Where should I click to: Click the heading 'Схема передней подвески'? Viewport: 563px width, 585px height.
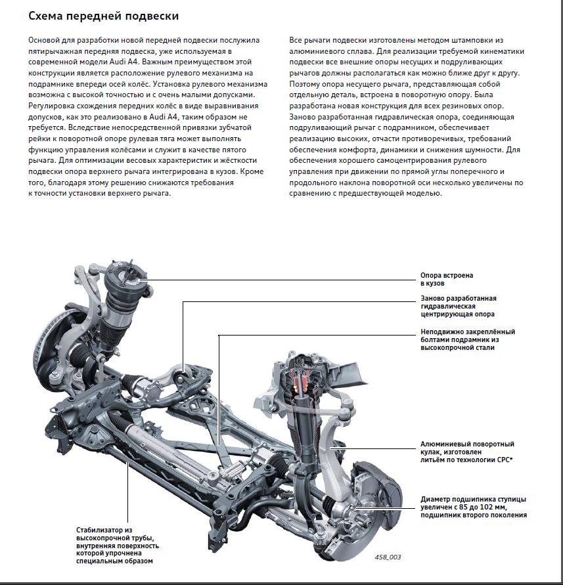pyautogui.click(x=95, y=15)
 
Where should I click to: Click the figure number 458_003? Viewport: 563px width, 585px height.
pyautogui.click(x=388, y=557)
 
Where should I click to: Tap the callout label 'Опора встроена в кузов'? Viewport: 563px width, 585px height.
pyautogui.click(x=447, y=279)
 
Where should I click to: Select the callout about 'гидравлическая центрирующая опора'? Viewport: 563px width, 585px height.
pyautogui.click(x=458, y=306)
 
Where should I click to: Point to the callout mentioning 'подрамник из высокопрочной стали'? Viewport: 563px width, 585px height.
pyautogui.click(x=467, y=339)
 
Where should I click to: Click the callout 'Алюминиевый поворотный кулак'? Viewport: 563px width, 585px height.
pyautogui.click(x=466, y=452)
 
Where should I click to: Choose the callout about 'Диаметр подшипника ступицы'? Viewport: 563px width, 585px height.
pyautogui.click(x=473, y=507)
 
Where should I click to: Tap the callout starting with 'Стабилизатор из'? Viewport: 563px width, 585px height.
pyautogui.click(x=118, y=545)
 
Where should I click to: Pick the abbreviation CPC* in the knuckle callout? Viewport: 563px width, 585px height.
pyautogui.click(x=505, y=460)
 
